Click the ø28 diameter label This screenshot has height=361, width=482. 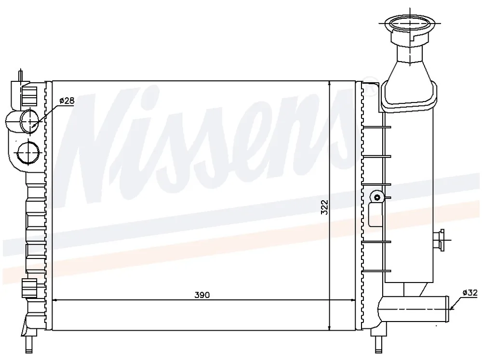pos(67,101)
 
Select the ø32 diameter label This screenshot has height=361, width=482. pos(470,293)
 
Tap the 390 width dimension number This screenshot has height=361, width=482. pos(202,295)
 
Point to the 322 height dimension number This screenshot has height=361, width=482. pos(324,207)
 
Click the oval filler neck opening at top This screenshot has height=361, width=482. pos(410,23)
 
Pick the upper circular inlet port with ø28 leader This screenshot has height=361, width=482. pos(30,121)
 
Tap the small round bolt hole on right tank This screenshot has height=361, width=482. pos(377,197)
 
